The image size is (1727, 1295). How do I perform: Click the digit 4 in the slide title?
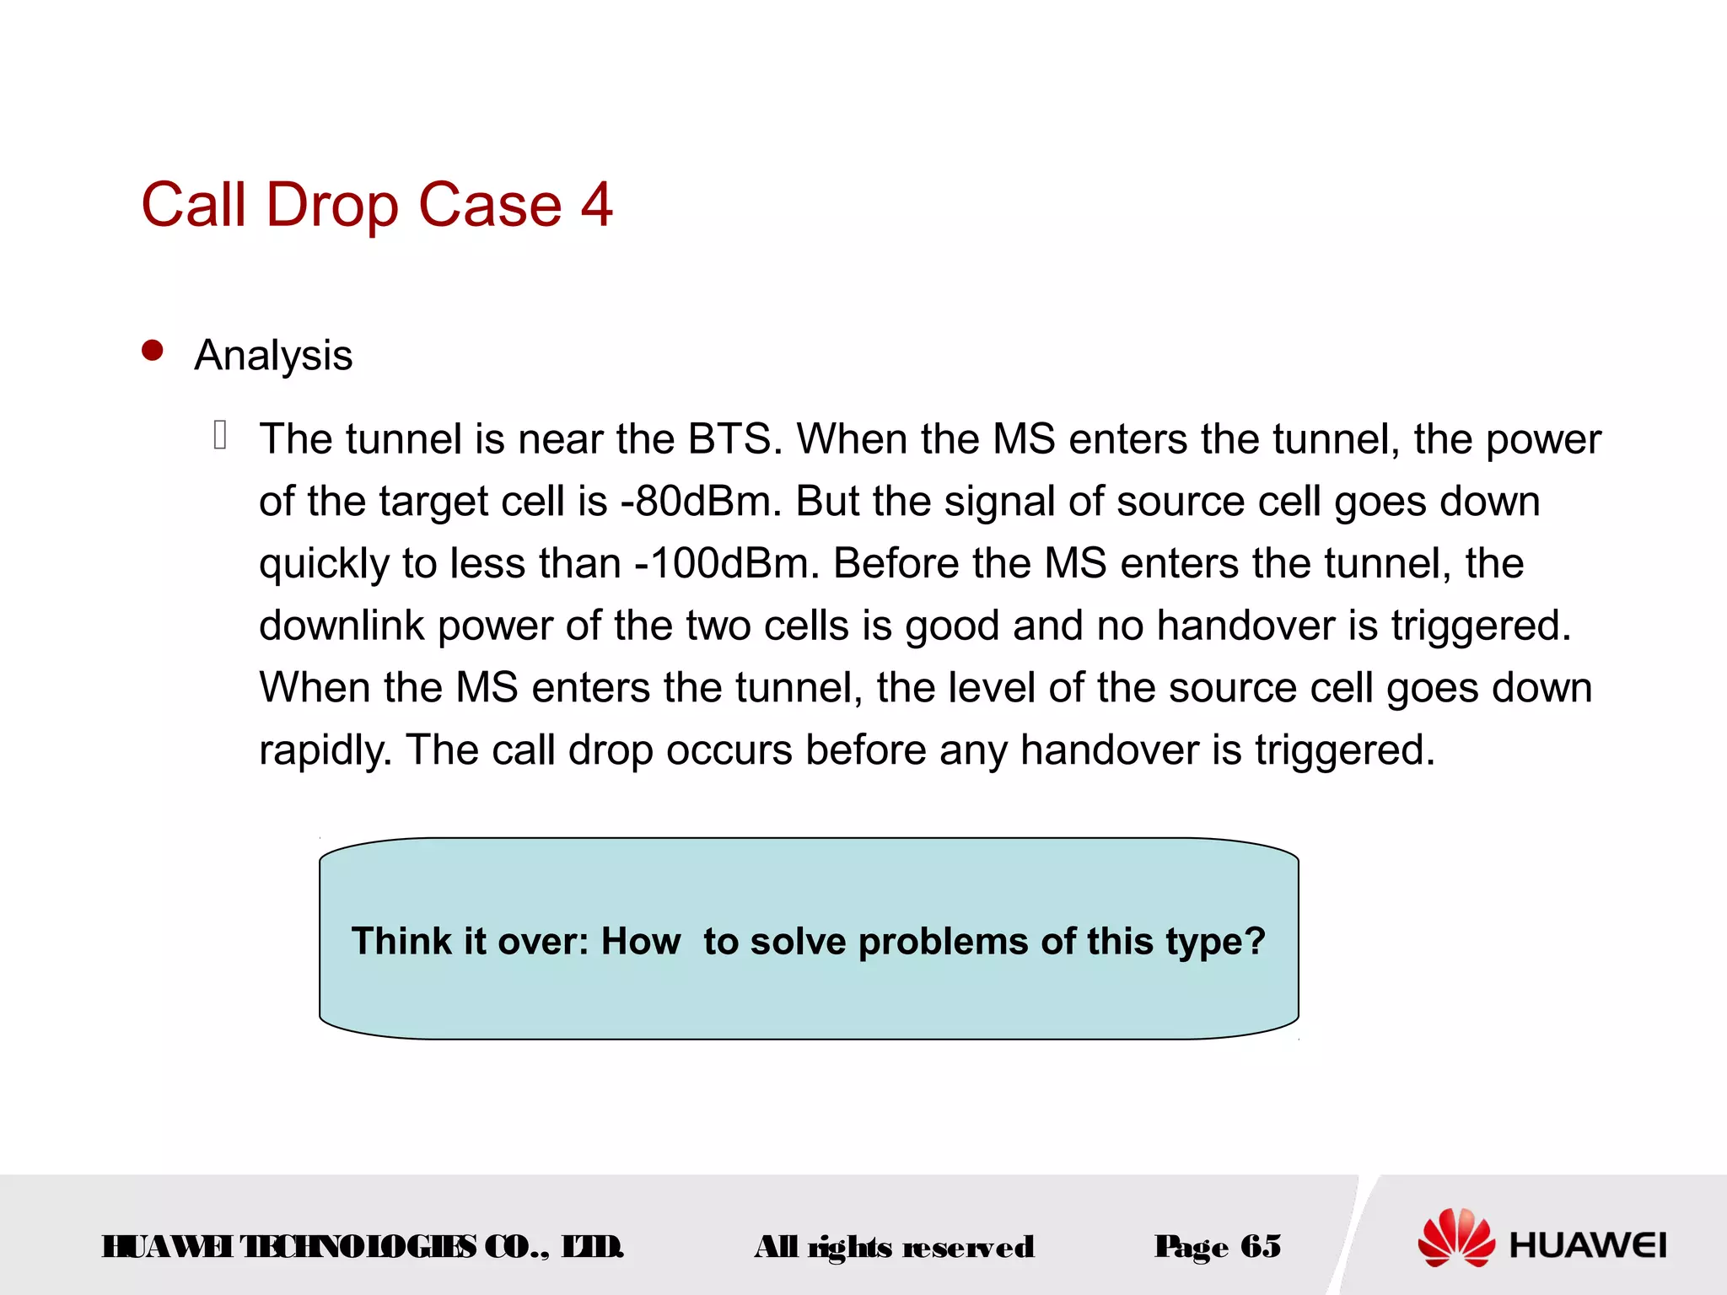tap(596, 205)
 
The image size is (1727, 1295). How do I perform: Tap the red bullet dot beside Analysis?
tap(153, 351)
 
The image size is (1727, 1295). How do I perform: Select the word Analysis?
tap(273, 356)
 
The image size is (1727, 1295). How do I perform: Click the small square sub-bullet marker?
tap(220, 435)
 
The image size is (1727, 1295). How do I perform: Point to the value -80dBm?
tap(695, 502)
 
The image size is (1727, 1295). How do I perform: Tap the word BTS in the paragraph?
tap(729, 439)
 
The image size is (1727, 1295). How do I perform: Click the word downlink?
tap(341, 626)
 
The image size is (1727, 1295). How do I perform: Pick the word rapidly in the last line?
tap(325, 750)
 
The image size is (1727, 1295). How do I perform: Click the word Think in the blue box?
tap(401, 942)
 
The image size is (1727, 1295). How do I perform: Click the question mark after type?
tap(1256, 941)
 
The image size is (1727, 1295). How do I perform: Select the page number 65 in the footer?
tap(1261, 1246)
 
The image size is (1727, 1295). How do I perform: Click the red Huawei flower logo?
tap(1456, 1238)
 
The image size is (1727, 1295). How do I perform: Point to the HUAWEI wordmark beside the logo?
tap(1587, 1245)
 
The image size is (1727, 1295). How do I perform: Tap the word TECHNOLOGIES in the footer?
tap(358, 1246)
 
